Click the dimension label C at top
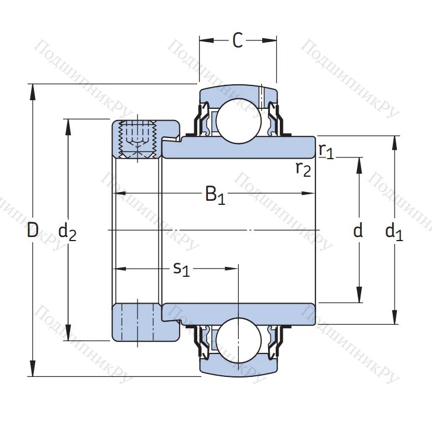point(238,40)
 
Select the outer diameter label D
point(33,231)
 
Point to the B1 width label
point(215,194)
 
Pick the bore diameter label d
point(358,231)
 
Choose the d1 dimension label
point(394,232)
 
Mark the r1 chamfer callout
point(326,150)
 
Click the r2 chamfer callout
point(303,169)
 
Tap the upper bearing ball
point(238,120)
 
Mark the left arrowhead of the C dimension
point(203,40)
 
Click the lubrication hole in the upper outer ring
point(262,95)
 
